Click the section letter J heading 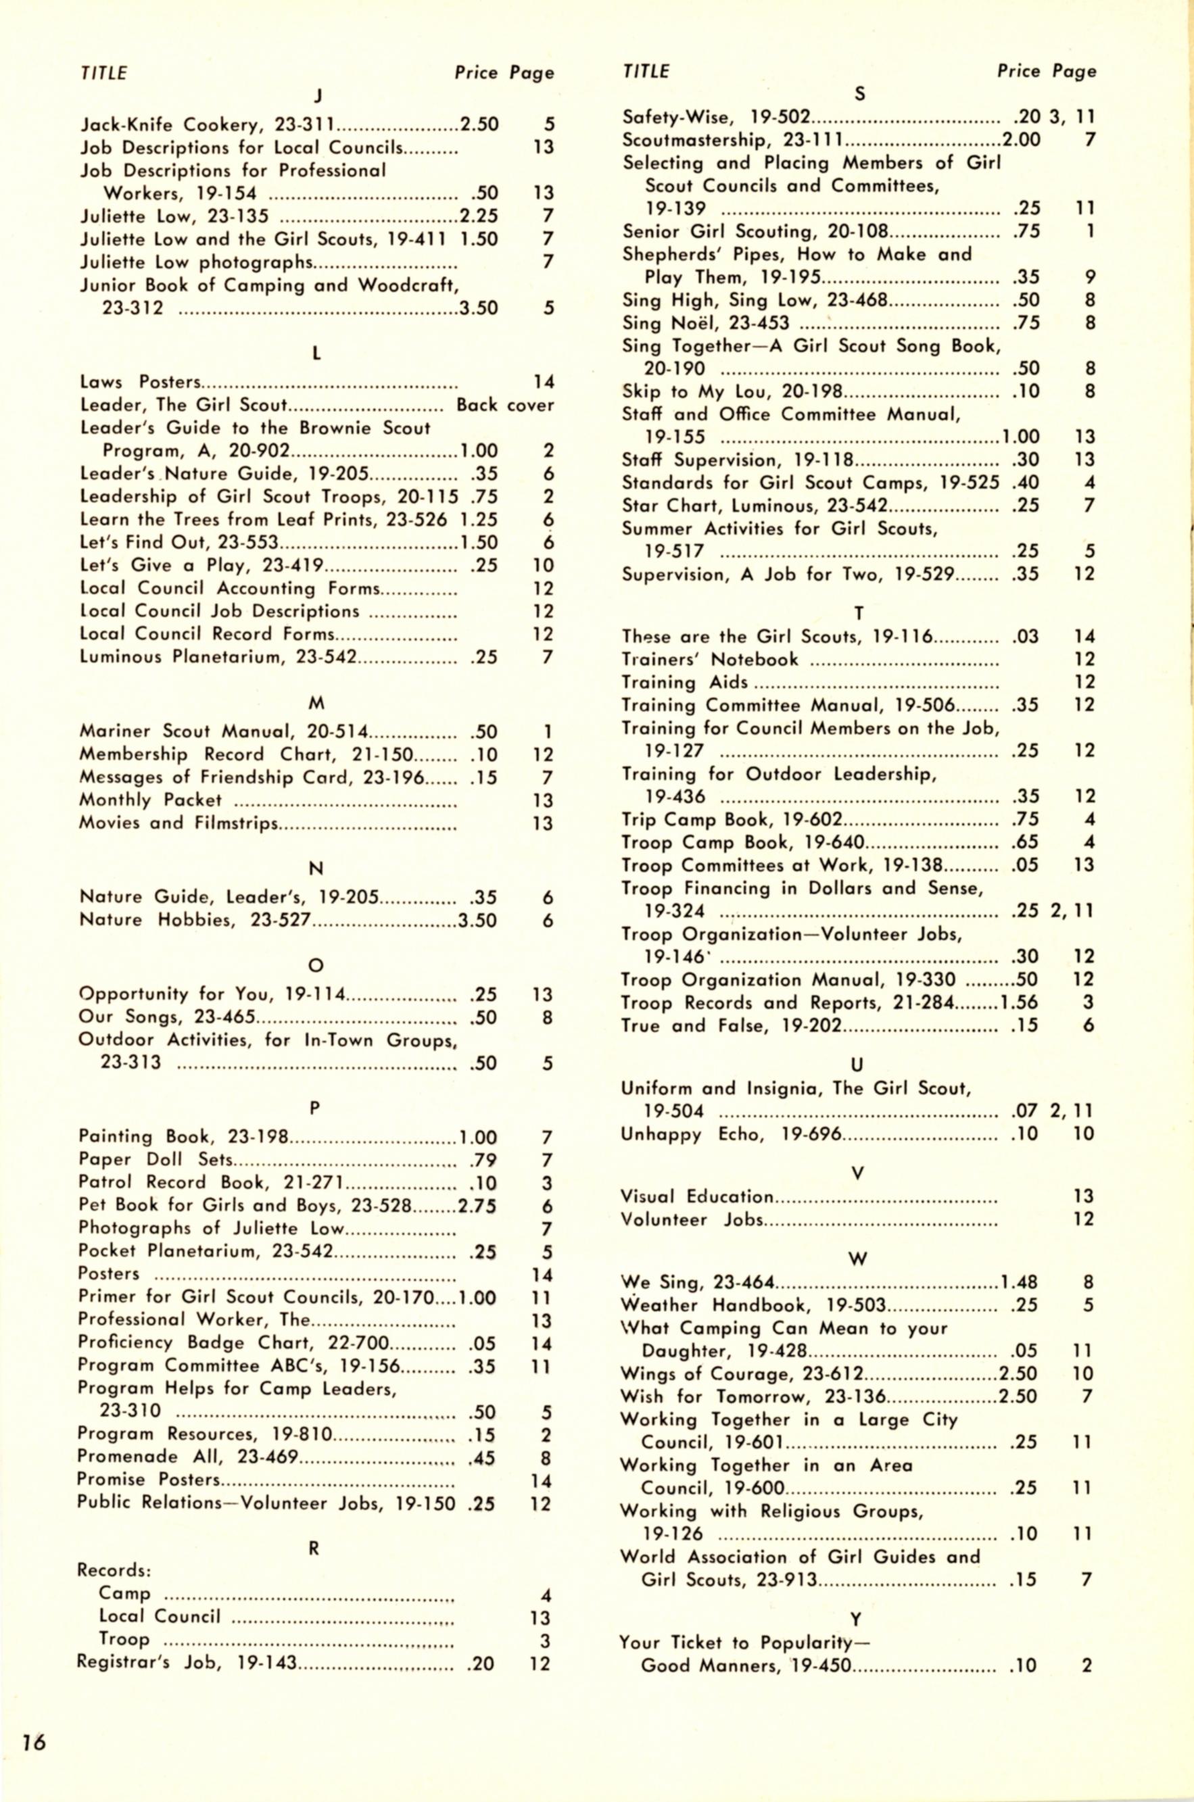318,96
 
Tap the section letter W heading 858,1259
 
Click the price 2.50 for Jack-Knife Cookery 479,125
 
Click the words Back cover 505,405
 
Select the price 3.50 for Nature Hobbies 477,921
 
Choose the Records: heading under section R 114,1572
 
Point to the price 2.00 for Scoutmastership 1021,140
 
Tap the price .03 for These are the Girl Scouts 1025,637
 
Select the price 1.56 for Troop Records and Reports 1020,1002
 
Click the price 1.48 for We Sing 1019,1283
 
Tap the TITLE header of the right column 646,72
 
